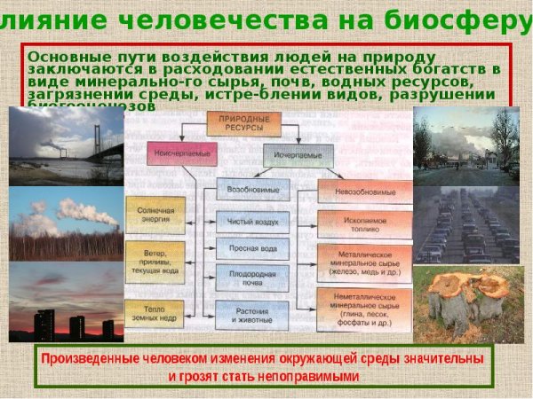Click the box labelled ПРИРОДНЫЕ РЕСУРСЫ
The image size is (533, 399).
[x=237, y=123]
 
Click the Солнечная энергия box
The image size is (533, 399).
[x=155, y=215]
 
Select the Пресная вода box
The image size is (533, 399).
[x=252, y=249]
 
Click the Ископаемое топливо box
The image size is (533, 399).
[x=364, y=222]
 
